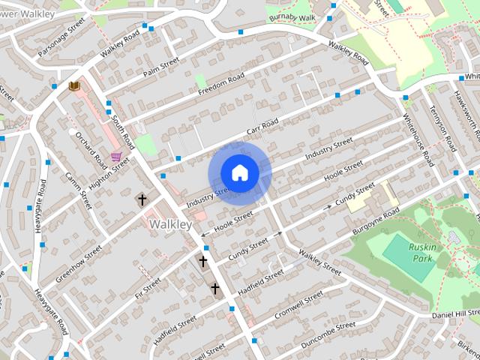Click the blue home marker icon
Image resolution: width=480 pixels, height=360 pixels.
[x=239, y=173]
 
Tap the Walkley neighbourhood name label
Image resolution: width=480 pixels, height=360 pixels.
[x=171, y=224]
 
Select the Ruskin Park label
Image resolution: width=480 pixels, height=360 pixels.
[x=421, y=253]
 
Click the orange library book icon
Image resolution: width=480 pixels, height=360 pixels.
[x=74, y=87]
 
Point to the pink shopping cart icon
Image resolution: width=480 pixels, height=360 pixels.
[x=116, y=157]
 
